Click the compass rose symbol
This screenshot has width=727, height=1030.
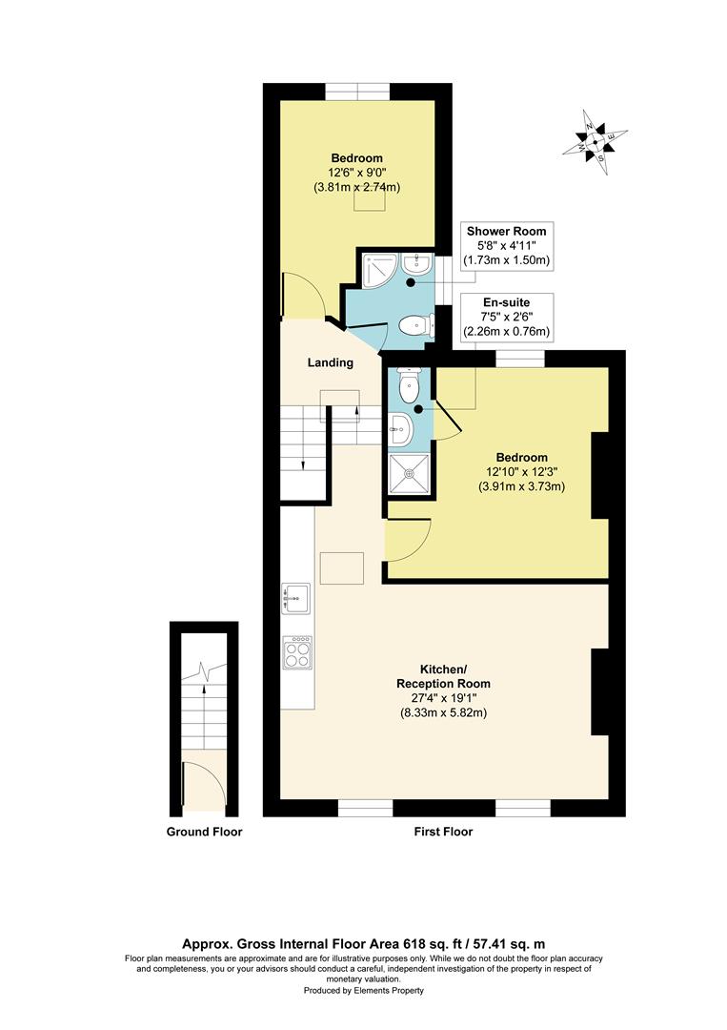click(595, 141)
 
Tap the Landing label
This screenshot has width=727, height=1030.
click(330, 362)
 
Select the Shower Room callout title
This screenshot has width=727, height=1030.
click(506, 231)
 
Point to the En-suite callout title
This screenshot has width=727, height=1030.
click(506, 303)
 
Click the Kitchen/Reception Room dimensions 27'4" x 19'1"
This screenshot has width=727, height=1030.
click(444, 698)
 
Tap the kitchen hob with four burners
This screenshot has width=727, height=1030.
click(296, 652)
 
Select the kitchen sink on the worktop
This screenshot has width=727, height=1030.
click(296, 598)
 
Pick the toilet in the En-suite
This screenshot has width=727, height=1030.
click(409, 385)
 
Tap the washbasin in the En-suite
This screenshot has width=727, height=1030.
click(400, 429)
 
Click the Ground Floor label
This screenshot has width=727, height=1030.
click(204, 832)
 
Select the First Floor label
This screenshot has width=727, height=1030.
click(443, 832)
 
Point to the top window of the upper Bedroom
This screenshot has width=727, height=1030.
click(357, 92)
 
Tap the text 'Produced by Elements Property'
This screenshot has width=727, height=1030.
click(364, 991)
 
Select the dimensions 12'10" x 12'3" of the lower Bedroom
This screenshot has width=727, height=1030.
click(521, 472)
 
